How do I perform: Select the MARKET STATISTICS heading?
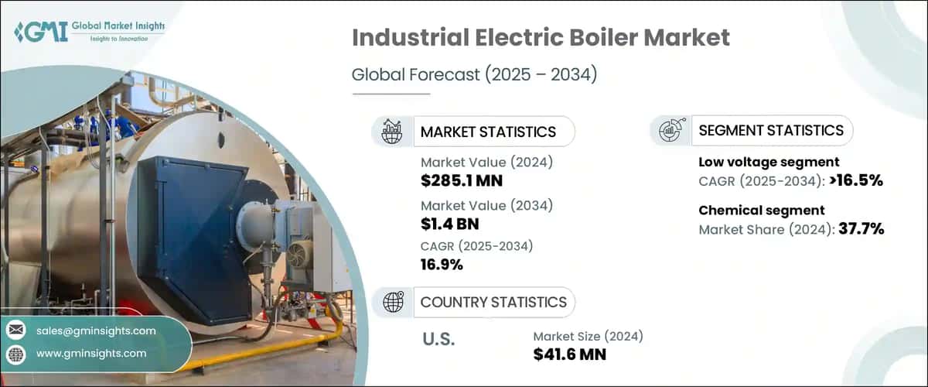click(x=487, y=132)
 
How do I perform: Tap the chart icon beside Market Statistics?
click(x=393, y=132)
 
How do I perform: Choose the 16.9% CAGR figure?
click(x=442, y=265)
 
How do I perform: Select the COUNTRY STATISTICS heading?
click(x=493, y=303)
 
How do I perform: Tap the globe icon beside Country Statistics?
click(x=393, y=303)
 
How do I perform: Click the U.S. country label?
click(x=438, y=340)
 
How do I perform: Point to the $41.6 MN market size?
click(x=570, y=354)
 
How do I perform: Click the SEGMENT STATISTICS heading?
click(x=770, y=131)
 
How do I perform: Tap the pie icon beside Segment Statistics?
click(x=669, y=131)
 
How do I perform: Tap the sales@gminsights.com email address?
click(x=96, y=330)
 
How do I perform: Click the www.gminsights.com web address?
click(x=91, y=354)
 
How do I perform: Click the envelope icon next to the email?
click(x=15, y=330)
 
